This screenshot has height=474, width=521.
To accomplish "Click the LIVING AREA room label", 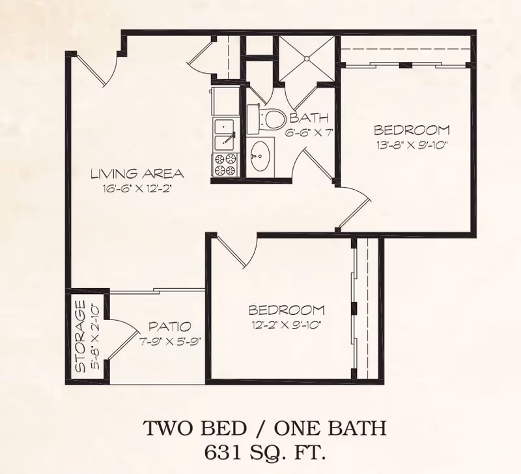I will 137,174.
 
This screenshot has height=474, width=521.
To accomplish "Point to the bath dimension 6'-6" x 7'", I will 309,132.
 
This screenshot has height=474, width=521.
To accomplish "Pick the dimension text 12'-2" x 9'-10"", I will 286,323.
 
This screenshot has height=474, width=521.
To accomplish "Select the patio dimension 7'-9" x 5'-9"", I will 169,339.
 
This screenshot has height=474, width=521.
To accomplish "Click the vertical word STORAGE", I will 81,336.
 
